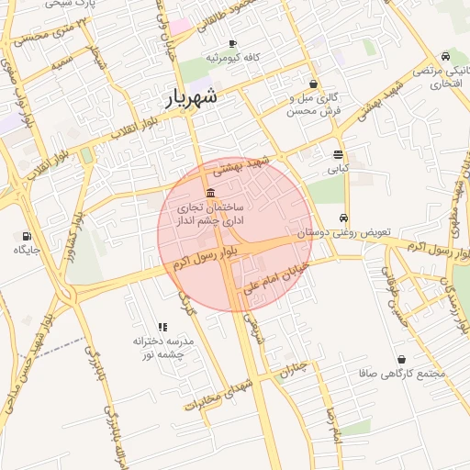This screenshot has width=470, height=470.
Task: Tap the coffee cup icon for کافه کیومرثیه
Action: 233,44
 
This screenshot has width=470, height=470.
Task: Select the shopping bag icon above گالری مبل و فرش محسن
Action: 314,84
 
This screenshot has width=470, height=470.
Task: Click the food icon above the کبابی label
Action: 338,154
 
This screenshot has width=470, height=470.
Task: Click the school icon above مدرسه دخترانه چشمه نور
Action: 163,327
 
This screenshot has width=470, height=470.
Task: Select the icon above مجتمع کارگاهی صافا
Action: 403,360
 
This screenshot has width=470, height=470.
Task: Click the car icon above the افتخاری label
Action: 445,56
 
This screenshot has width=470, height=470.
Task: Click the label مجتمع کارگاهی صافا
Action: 404,375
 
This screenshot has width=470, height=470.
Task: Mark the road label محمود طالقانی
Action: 221,17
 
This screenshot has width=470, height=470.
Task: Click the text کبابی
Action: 338,169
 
